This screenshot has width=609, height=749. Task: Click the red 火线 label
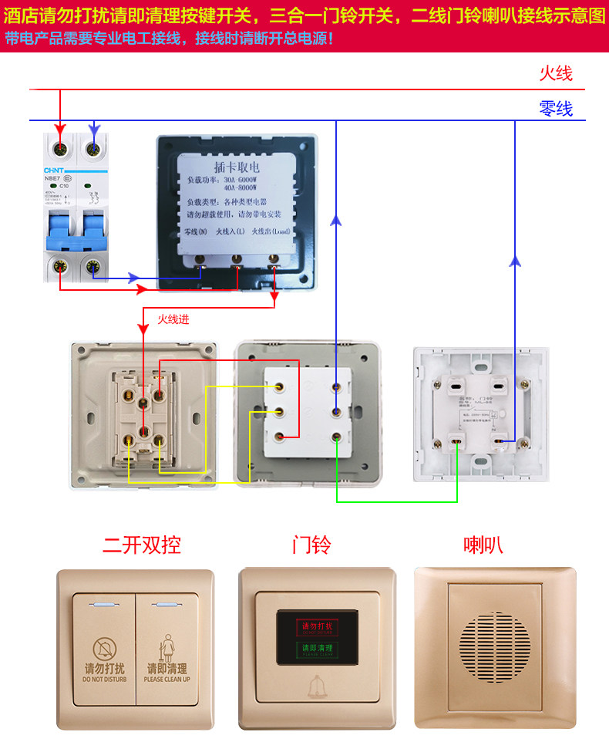(x=556, y=73)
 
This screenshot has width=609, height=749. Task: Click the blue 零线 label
(x=556, y=109)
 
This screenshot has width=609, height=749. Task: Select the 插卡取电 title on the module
(x=237, y=167)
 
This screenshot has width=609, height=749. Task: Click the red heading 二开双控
(x=142, y=545)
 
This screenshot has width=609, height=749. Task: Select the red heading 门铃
(x=311, y=545)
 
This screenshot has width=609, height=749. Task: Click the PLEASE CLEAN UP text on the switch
(x=167, y=679)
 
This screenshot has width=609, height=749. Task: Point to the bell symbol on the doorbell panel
(x=317, y=685)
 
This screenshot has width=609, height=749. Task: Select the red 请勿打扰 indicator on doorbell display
(x=317, y=626)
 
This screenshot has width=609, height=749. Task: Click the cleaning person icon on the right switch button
(x=167, y=646)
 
